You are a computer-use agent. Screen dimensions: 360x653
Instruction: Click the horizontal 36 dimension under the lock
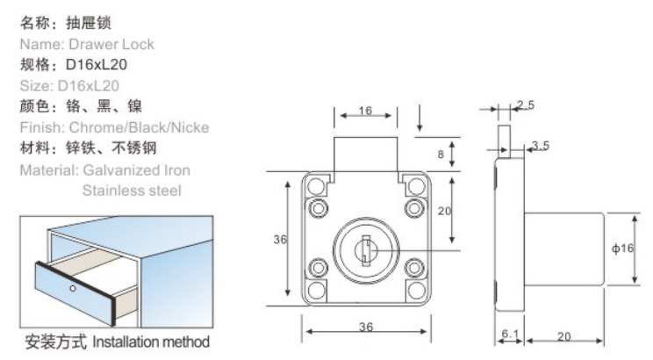365,327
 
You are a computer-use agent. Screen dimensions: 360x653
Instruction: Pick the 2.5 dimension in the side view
526,105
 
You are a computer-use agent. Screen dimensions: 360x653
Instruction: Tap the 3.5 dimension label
540,145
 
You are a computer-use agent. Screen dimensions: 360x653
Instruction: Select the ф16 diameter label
623,249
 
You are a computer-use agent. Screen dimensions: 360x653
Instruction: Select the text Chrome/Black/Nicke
142,128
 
